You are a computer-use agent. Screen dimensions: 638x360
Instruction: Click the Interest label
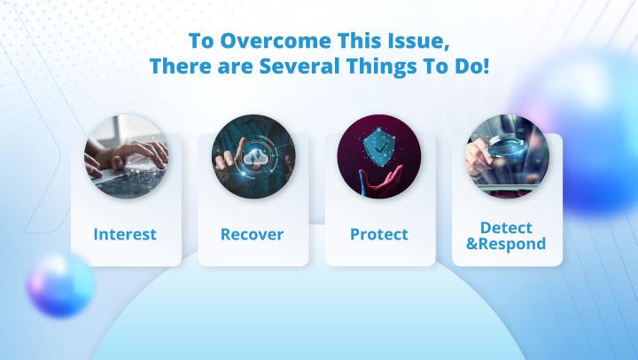point(125,234)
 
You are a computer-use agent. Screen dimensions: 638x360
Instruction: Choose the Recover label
point(252,234)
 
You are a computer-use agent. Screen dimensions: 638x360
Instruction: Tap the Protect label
point(379,234)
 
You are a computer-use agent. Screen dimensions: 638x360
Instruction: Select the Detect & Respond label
point(506,236)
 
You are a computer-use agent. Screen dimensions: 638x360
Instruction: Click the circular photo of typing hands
point(126,157)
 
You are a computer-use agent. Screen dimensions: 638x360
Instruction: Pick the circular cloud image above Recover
point(254,157)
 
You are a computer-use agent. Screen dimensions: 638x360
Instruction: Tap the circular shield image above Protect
point(379,157)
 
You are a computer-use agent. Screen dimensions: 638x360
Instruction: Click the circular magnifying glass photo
point(508,157)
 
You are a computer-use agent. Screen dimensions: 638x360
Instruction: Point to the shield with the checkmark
point(379,145)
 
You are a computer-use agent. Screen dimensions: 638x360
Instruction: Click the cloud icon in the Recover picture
point(254,157)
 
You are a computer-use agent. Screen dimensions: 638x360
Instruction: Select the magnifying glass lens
point(509,145)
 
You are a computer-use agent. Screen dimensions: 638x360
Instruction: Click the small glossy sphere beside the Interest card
point(60,284)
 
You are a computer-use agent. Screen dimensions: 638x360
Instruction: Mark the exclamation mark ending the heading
point(485,66)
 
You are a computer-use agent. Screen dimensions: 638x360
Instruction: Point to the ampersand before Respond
point(471,244)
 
